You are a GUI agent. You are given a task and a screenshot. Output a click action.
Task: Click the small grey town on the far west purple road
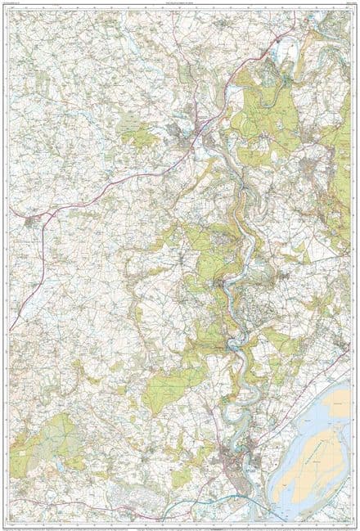[31, 219]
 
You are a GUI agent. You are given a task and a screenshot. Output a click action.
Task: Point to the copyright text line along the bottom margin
[180, 523]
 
